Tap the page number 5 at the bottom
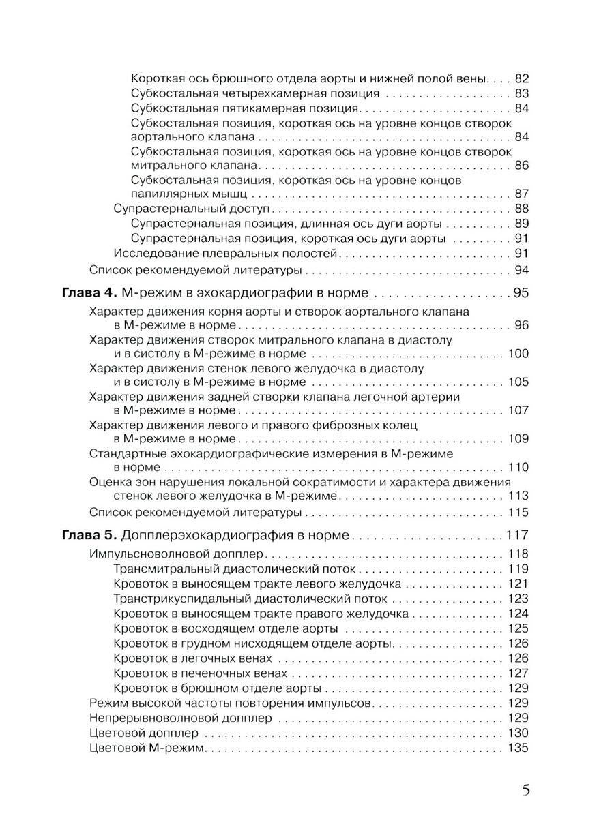525,791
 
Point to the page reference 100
518,354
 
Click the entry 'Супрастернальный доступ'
191,209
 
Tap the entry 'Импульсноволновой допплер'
175,554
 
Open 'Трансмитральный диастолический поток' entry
235,569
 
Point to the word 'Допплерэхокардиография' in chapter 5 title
199,535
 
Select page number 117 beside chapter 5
517,535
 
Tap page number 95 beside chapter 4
521,294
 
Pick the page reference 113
518,496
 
